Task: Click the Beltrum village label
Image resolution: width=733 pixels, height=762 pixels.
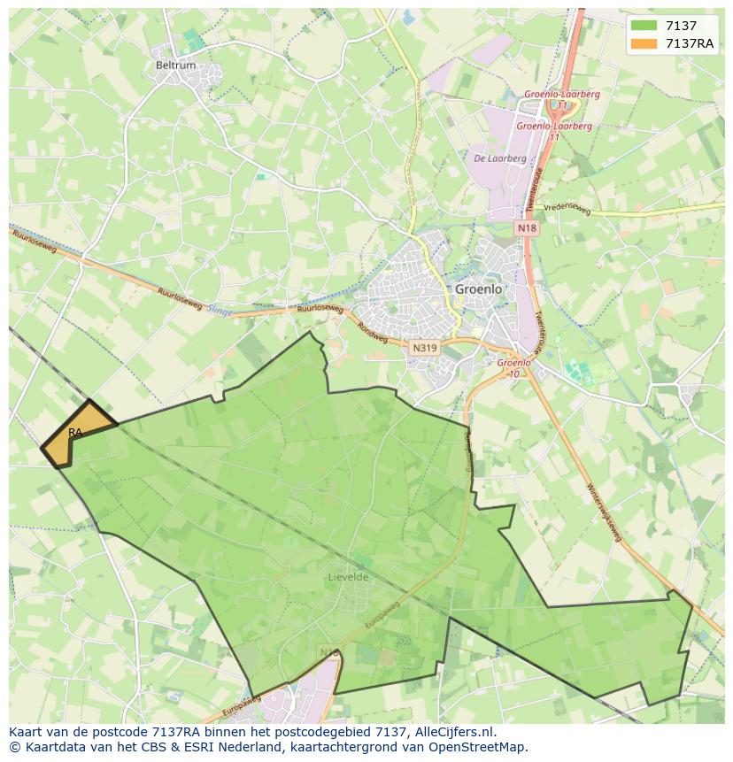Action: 175,65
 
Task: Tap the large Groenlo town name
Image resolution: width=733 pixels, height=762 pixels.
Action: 478,289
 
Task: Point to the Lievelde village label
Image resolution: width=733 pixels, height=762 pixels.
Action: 347,577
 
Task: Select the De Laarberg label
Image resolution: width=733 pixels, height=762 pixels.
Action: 500,159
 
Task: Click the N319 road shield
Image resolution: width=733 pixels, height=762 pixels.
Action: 425,348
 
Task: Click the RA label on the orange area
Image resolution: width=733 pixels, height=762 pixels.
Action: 75,432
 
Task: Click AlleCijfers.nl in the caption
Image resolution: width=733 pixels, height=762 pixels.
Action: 455,732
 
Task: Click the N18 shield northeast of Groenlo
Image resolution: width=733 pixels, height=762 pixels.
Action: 527,228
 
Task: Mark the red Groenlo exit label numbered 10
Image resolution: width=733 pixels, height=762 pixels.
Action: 513,367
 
